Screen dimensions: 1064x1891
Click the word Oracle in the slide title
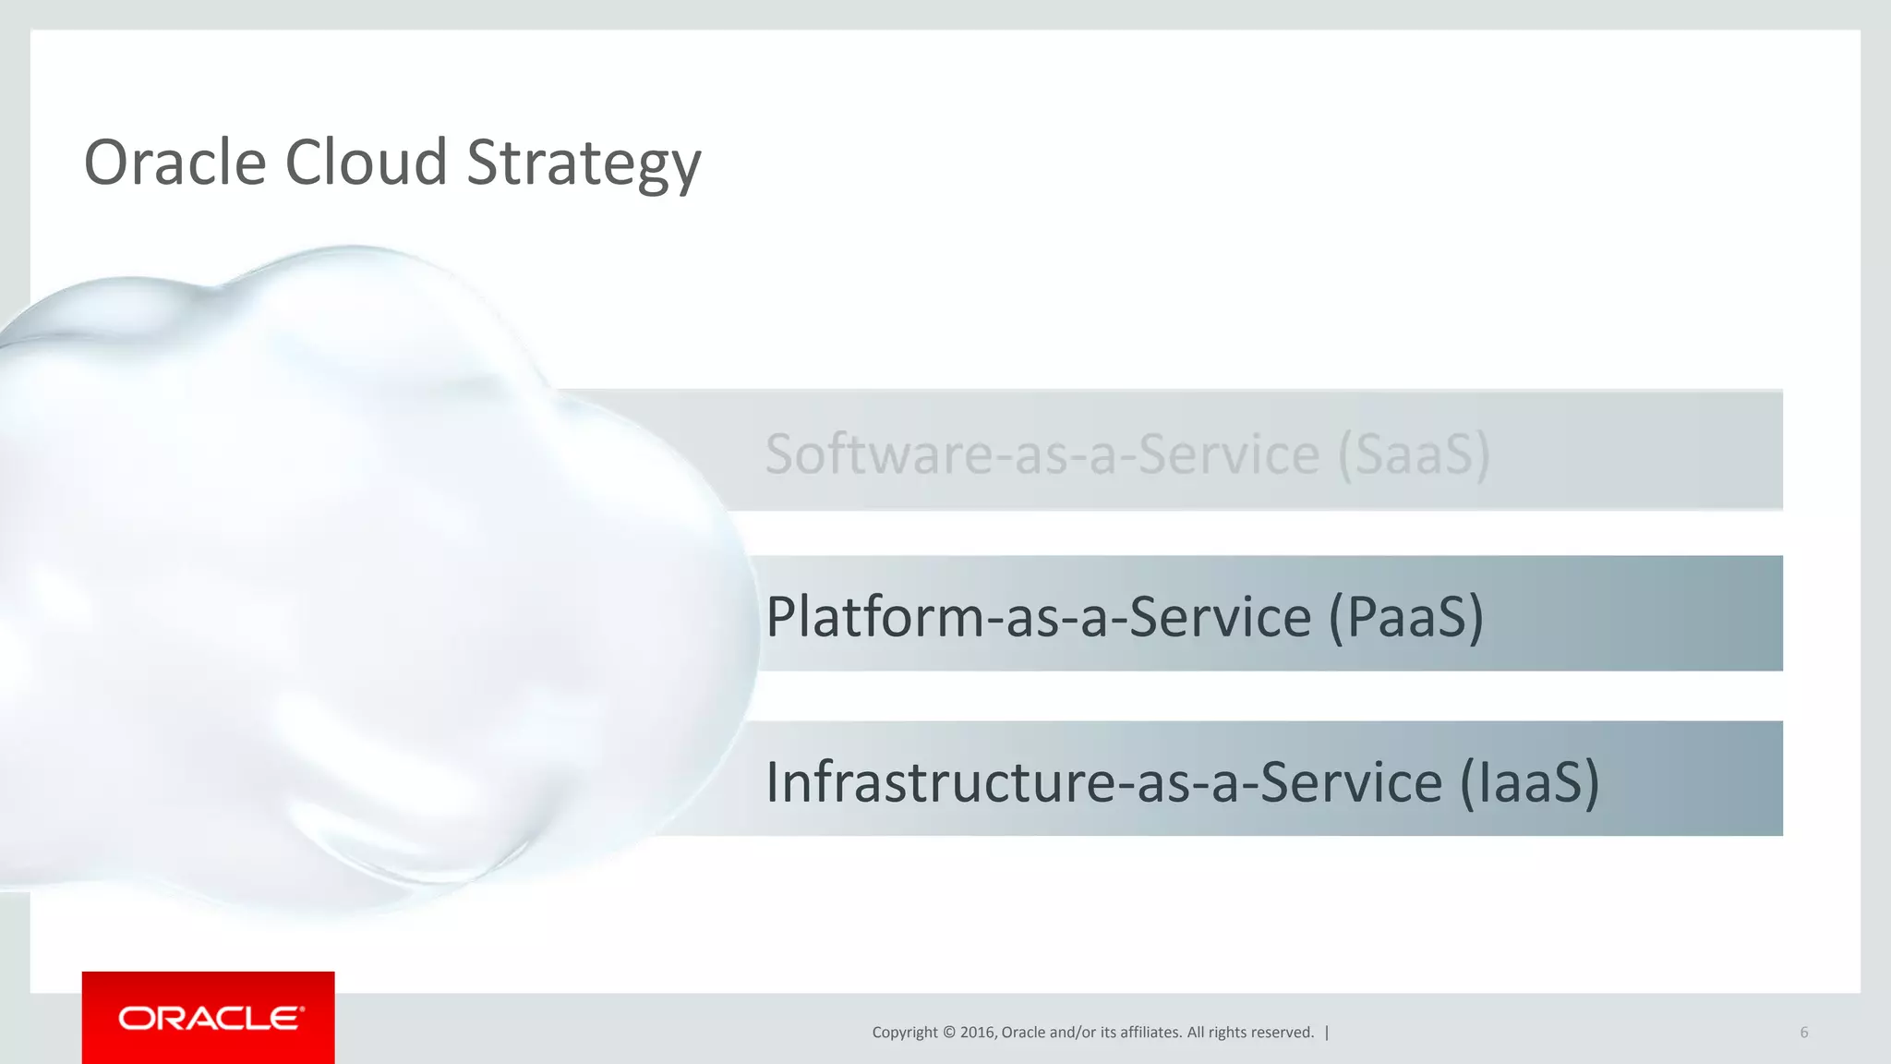175,163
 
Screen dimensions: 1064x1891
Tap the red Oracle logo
209,1018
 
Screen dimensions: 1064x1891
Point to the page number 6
1803,1033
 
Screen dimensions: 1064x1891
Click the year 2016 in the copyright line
977,1033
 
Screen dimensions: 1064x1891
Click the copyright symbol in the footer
947,1033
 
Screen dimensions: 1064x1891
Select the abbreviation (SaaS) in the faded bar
1414,453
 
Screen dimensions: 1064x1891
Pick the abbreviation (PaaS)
1405,616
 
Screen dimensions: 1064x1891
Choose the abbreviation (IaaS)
1529,781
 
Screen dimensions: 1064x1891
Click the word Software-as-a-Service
1042,453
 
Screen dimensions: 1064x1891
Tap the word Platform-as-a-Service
1038,616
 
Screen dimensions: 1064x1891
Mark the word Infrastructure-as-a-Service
1103,781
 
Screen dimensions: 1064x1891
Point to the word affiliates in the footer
1150,1033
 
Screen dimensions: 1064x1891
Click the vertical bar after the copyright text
1327,1033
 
